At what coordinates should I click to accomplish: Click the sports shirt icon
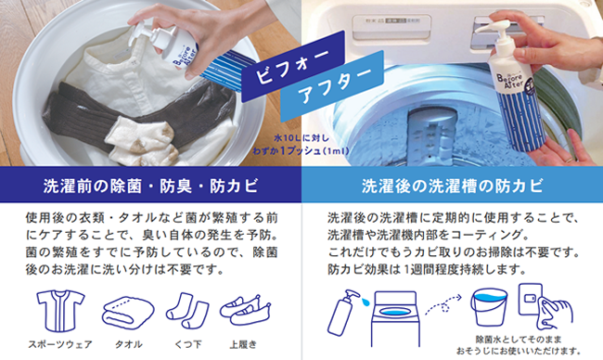(x=60, y=311)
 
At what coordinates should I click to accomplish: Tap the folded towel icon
(x=128, y=313)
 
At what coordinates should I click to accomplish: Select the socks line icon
(x=187, y=311)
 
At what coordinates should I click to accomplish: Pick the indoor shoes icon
(x=245, y=311)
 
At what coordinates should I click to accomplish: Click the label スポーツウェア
(x=60, y=344)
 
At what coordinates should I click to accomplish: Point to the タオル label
(x=128, y=344)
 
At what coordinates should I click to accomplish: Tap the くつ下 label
(x=187, y=344)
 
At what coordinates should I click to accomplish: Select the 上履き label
(x=243, y=344)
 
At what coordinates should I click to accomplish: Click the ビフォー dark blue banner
(x=293, y=66)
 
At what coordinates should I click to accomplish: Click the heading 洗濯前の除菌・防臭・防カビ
(x=150, y=186)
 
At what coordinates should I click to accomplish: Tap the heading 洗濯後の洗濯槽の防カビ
(x=453, y=186)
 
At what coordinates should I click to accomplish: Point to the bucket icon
(x=489, y=308)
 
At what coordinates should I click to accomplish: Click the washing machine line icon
(x=395, y=320)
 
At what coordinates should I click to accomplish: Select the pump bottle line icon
(x=342, y=313)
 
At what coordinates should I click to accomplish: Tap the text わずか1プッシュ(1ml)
(x=301, y=151)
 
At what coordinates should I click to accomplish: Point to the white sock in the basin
(x=142, y=140)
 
